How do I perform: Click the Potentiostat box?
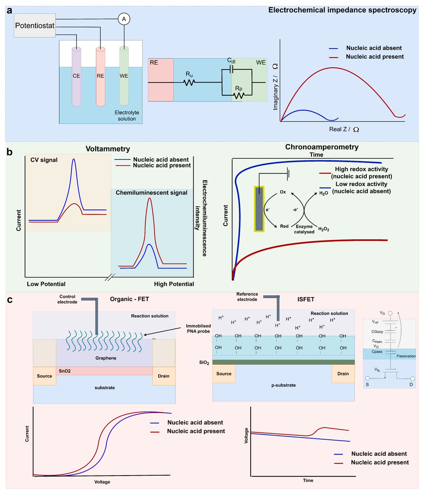[34, 26]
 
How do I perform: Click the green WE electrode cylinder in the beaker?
[124, 77]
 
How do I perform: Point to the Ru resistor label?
[189, 74]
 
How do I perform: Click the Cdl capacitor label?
[232, 61]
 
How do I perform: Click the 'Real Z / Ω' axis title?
[344, 129]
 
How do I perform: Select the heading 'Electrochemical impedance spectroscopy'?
[342, 10]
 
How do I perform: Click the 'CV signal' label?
[44, 160]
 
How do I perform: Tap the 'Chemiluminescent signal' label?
[151, 193]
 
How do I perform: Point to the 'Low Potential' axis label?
[46, 284]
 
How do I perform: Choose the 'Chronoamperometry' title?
[322, 147]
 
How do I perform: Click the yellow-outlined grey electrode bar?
[259, 209]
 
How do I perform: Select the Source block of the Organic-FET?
[45, 376]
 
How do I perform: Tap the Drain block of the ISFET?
[343, 374]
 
